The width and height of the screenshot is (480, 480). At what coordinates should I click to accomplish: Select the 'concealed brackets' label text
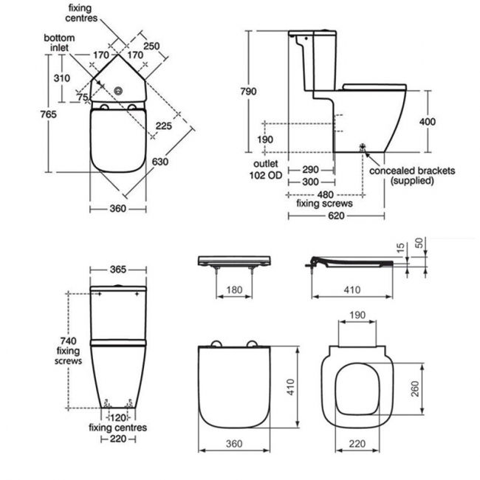tap(412, 171)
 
